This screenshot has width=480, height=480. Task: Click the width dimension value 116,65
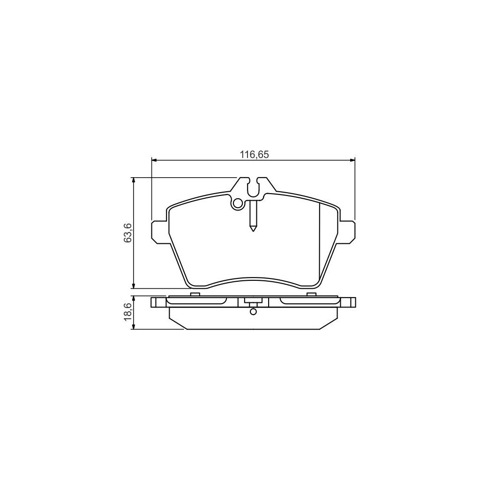point(254,155)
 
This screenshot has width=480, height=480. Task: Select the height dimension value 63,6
point(128,232)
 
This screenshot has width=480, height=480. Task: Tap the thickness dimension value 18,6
point(128,312)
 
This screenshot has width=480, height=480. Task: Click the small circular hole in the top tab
point(238,203)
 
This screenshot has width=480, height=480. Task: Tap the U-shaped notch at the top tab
point(253,188)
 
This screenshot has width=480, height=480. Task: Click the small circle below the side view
point(253,312)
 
